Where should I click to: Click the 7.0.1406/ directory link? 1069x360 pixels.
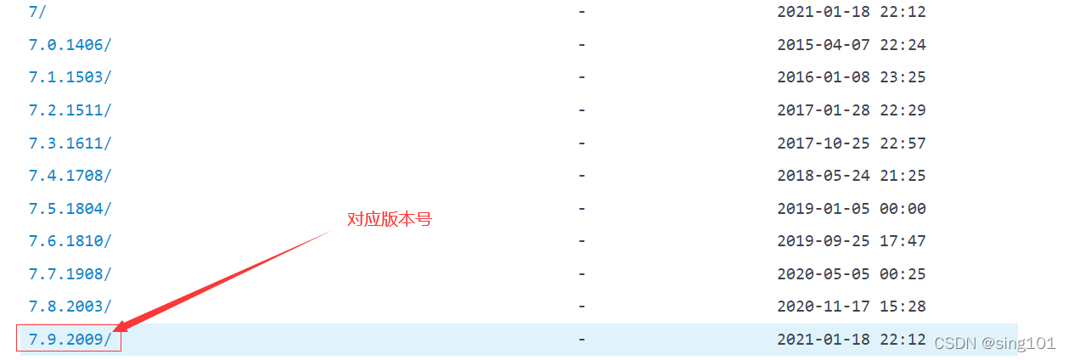click(x=70, y=44)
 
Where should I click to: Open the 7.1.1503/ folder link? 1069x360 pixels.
click(x=70, y=77)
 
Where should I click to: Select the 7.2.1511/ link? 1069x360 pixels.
click(x=70, y=110)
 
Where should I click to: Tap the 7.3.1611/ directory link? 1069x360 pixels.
click(x=70, y=143)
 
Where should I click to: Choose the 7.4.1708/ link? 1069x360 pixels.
click(x=70, y=176)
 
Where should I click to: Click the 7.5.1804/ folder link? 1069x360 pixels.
click(x=70, y=208)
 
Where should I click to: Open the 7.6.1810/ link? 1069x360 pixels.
click(x=70, y=241)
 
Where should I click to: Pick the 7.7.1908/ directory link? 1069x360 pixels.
click(x=70, y=274)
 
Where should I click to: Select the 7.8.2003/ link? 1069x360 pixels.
click(x=70, y=307)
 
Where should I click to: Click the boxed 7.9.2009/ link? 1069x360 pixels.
click(x=70, y=340)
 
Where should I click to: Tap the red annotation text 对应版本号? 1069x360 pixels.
click(x=390, y=219)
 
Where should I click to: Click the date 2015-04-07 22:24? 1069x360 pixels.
click(x=851, y=44)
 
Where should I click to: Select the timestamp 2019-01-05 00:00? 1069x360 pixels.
click(x=851, y=208)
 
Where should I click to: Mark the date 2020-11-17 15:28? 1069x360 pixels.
click(x=851, y=307)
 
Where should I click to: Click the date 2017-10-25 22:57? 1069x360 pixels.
click(x=851, y=143)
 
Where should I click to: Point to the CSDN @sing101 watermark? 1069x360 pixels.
click(x=994, y=342)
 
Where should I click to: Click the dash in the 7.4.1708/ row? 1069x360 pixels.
click(x=582, y=176)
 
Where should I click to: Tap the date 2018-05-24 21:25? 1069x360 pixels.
click(x=851, y=176)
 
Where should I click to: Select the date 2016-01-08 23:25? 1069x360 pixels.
click(x=851, y=77)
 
